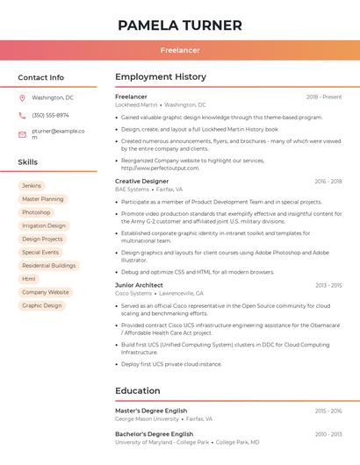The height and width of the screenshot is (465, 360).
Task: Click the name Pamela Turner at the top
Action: click(x=179, y=25)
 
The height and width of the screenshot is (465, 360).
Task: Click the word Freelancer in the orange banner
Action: click(x=180, y=51)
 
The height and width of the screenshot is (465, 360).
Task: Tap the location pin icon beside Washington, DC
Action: click(x=22, y=98)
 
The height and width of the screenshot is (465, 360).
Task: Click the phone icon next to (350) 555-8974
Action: click(x=22, y=116)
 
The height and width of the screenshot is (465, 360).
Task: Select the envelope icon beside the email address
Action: click(x=22, y=134)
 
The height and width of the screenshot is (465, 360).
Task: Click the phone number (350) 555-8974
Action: click(x=50, y=116)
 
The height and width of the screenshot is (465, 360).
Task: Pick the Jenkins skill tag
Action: click(x=32, y=186)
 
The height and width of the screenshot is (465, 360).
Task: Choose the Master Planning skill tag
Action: click(x=42, y=199)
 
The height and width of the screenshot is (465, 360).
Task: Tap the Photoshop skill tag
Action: click(x=36, y=212)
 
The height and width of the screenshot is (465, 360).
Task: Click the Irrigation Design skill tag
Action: click(x=44, y=225)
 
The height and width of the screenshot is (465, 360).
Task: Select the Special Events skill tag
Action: click(x=40, y=253)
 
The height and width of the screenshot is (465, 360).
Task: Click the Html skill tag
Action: click(x=29, y=279)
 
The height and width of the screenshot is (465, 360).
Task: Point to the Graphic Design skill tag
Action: click(x=42, y=305)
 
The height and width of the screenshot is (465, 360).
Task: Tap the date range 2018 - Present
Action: click(x=324, y=97)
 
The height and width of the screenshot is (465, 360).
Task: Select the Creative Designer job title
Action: click(x=141, y=181)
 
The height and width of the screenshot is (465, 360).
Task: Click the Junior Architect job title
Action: click(x=139, y=285)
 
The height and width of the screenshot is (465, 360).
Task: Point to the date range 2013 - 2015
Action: click(x=328, y=285)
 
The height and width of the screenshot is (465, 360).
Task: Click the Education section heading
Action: click(x=137, y=390)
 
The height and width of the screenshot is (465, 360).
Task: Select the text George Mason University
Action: click(x=147, y=419)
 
